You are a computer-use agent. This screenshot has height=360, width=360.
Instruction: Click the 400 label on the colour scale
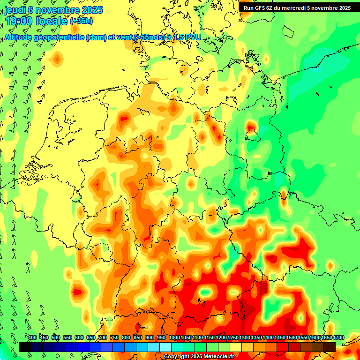[x=32, y=338]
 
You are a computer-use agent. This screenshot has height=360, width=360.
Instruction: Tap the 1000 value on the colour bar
[x=174, y=338]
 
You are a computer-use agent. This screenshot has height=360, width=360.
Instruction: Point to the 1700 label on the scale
[x=338, y=338]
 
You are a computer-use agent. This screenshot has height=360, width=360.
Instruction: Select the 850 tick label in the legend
[x=138, y=338]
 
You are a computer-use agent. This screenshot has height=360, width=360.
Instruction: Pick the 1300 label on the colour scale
[x=245, y=338]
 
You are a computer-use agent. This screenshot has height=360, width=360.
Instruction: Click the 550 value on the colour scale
[x=67, y=338]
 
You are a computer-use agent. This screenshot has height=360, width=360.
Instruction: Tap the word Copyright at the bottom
[x=176, y=357]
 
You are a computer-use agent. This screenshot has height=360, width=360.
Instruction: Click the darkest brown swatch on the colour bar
[x=330, y=347]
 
